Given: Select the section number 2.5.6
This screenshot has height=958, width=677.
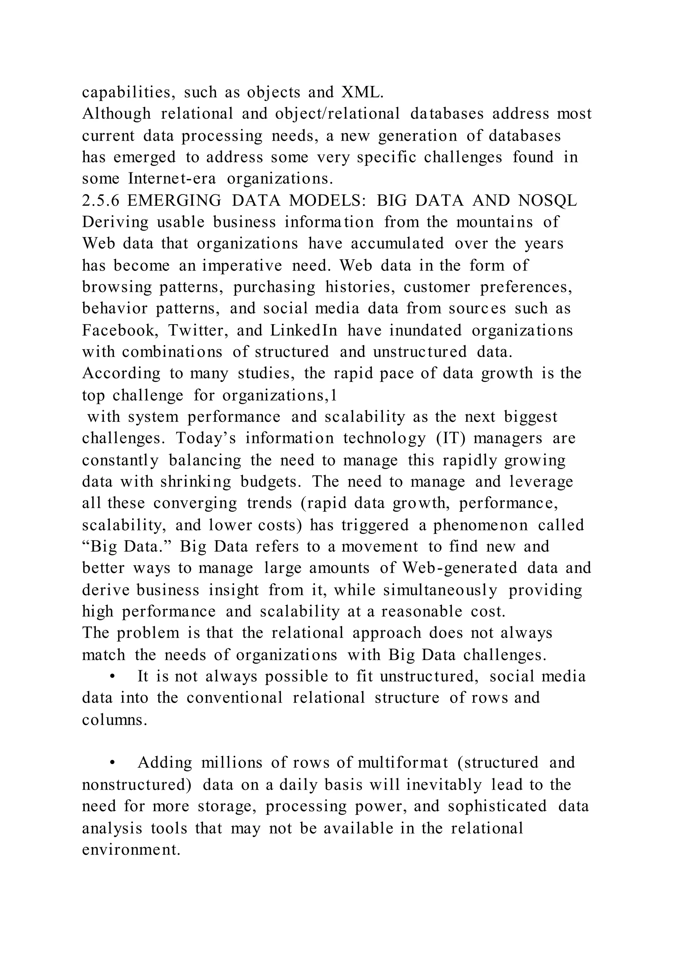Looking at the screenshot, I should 100,201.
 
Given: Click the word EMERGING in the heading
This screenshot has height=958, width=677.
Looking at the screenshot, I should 174,201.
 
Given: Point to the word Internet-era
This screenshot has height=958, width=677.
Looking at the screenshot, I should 172,179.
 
